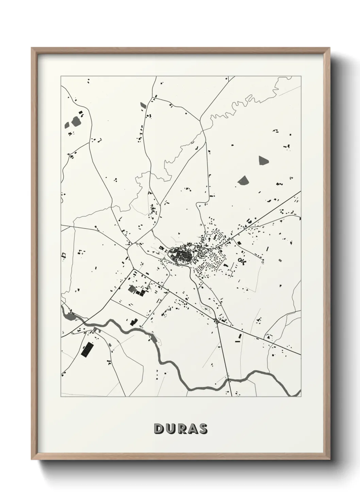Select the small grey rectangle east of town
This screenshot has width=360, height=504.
280,261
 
